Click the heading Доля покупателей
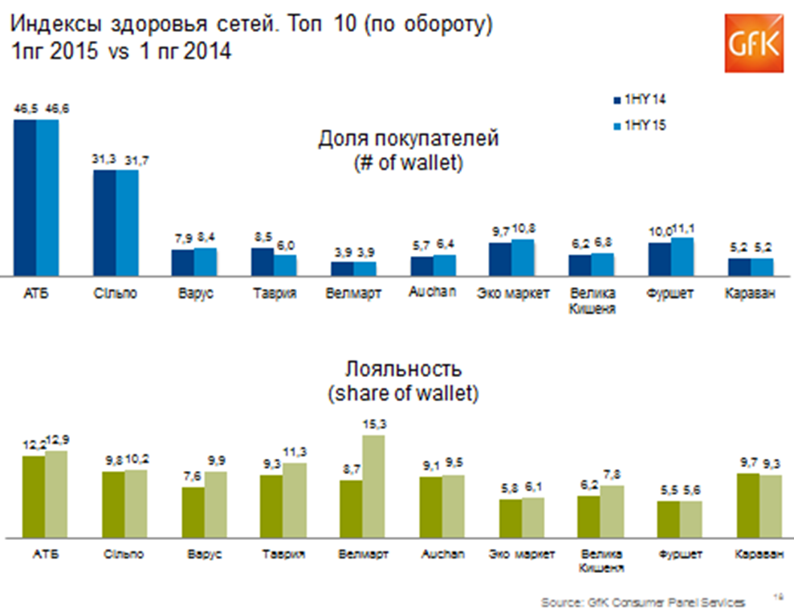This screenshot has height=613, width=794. (x=408, y=139)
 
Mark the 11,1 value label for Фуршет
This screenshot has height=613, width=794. (x=683, y=231)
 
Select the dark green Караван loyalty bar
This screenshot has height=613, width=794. (x=748, y=505)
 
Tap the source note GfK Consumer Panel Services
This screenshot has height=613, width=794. (x=642, y=601)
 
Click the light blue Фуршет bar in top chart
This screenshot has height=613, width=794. (x=682, y=258)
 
